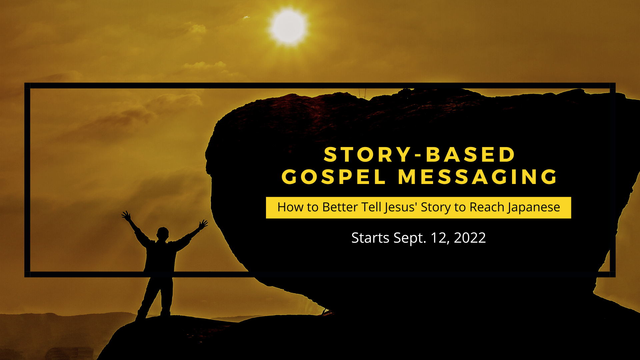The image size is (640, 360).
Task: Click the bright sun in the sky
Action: [x=289, y=27]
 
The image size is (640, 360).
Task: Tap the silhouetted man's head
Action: [x=163, y=233]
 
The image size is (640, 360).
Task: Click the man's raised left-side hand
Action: [x=126, y=216]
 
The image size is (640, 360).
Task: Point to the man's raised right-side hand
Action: [x=203, y=224]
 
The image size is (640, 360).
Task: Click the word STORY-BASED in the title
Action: [x=419, y=155]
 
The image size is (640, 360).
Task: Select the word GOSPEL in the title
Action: [x=334, y=177]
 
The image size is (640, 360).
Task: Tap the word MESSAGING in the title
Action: [x=478, y=177]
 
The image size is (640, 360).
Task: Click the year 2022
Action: [x=470, y=238]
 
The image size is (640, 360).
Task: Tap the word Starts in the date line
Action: [x=370, y=238]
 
